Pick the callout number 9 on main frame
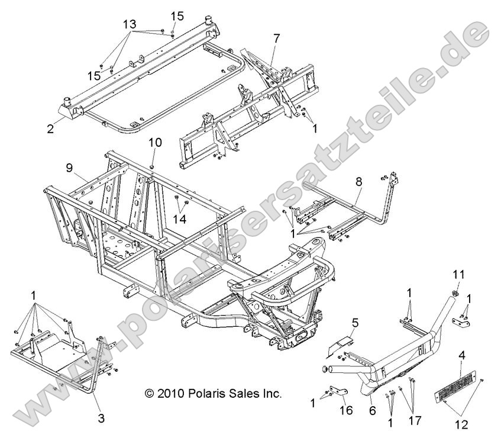pos(69,168)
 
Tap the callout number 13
pos(130,24)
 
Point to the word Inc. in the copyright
pos(271,393)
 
